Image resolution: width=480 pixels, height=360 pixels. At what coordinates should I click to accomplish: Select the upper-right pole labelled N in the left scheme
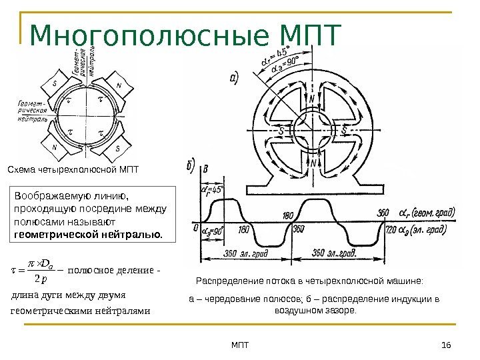[118, 85]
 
